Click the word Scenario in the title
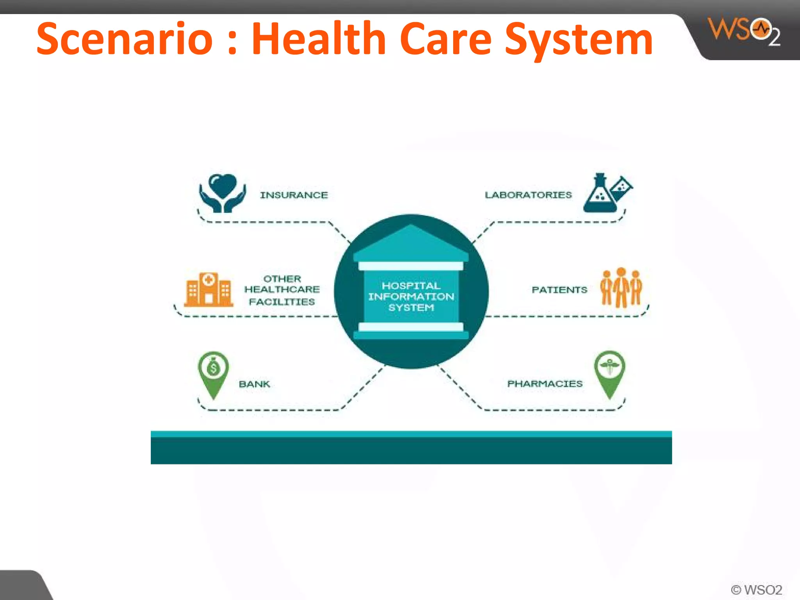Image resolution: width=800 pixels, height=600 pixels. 125,39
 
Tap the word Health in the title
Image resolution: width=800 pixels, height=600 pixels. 319,39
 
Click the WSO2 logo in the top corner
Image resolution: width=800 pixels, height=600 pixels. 744,31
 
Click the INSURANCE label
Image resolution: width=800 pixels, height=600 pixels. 294,195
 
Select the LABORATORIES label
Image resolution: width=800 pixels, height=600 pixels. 528,195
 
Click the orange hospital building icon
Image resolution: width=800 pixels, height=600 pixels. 209,289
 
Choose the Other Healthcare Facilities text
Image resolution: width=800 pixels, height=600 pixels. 282,290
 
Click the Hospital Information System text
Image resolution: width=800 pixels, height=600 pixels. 411,296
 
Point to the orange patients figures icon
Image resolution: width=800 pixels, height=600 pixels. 621,287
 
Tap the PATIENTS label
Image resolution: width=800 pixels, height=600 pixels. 559,290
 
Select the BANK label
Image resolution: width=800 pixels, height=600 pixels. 254,384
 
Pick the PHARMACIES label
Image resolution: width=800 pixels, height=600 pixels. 545,384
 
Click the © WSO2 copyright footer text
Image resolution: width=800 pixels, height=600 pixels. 756,589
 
